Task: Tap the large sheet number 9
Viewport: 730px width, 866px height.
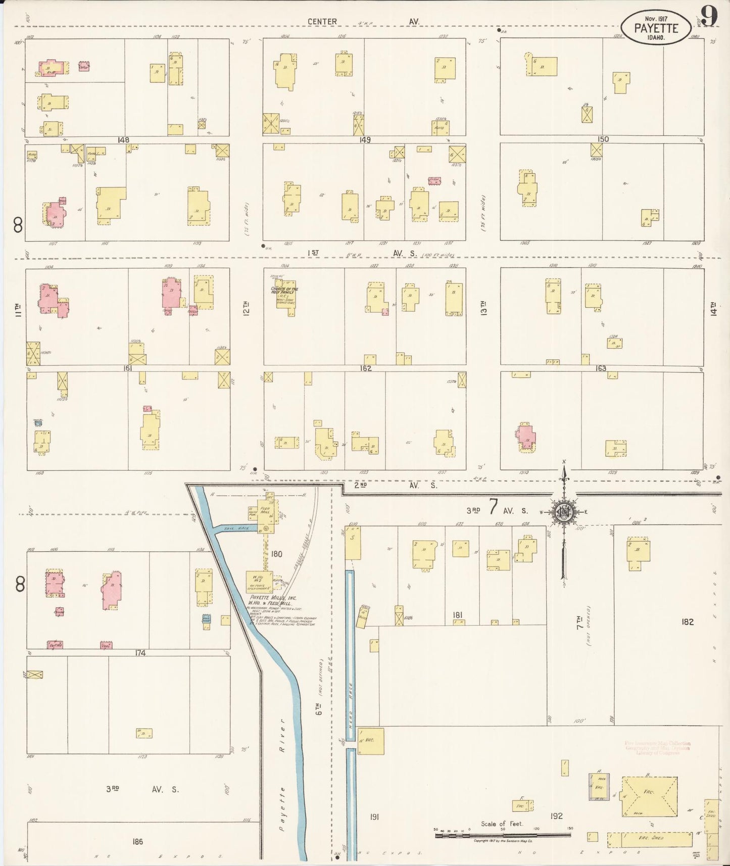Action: tap(709, 17)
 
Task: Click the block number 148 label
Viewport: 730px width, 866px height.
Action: tap(123, 140)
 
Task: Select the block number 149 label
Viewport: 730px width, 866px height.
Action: tap(365, 140)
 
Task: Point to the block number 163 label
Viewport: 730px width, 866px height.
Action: tap(601, 368)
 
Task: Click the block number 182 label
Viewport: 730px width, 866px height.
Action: tap(688, 622)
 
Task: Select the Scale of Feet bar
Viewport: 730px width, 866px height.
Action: tap(503, 835)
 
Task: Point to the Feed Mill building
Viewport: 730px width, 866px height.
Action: tap(266, 516)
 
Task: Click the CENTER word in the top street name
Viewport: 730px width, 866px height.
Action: tap(322, 22)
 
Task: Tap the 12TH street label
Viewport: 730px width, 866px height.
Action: tap(247, 308)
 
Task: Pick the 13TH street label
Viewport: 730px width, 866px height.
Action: tap(484, 308)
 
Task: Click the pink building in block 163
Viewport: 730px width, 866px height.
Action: tap(526, 437)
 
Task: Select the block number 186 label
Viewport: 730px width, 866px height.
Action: tap(137, 841)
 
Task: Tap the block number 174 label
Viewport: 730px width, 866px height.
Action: tap(140, 653)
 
